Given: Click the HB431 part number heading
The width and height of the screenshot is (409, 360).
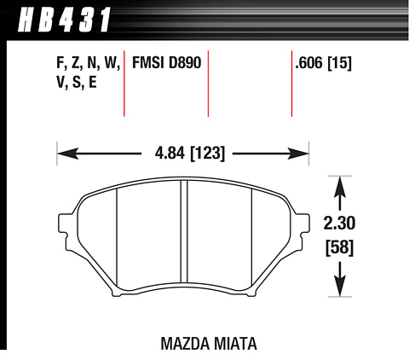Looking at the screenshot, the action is coord(64,20).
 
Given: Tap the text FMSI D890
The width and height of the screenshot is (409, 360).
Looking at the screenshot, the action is coord(167,62).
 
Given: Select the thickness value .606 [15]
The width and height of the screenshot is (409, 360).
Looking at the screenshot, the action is coord(323,63).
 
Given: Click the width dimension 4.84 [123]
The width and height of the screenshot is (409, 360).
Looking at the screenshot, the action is coord(190,154).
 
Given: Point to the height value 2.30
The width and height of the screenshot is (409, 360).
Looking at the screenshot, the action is coord(339,223).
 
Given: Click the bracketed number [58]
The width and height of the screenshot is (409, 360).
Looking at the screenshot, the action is coord(339,247).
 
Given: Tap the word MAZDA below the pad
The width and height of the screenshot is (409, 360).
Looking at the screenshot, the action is coord(185,344).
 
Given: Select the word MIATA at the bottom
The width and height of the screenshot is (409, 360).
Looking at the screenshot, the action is coord(235,344).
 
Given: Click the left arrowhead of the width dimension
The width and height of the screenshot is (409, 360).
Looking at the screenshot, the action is coord(67,154).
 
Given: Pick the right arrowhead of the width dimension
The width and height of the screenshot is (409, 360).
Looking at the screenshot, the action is coord(298,154).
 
